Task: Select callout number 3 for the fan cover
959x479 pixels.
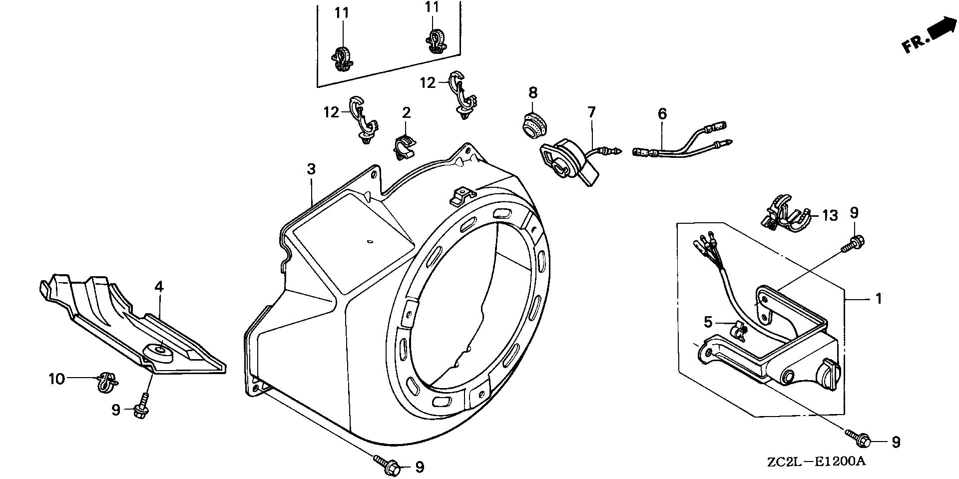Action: [311, 169]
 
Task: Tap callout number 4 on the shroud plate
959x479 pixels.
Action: [159, 287]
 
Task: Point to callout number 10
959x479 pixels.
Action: [56, 379]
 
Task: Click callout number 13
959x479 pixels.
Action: [830, 216]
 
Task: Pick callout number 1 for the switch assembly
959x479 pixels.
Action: [879, 299]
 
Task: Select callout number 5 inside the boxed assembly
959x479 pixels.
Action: [708, 322]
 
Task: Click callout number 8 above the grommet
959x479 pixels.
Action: [533, 92]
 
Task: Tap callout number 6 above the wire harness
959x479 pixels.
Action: [662, 114]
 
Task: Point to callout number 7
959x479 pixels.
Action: [591, 112]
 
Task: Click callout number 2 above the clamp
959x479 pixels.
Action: [406, 112]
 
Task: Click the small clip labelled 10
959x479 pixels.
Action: [106, 382]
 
